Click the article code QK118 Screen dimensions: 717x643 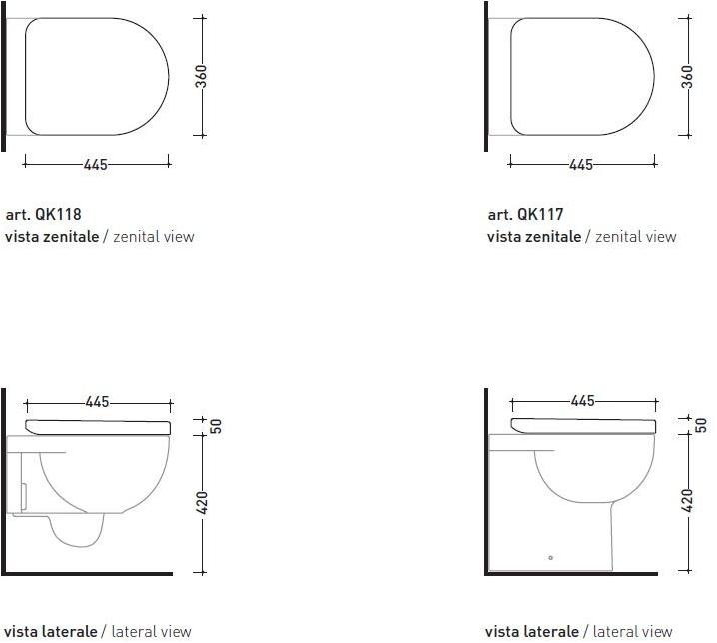tap(58, 214)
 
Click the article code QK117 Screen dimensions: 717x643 tap(540, 214)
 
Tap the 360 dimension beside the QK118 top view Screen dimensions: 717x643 tap(201, 76)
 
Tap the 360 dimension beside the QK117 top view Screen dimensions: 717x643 tap(687, 76)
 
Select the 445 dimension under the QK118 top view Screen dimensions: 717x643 tap(96, 164)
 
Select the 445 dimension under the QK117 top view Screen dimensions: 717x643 tap(581, 164)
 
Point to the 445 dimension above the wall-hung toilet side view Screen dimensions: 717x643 tap(98, 402)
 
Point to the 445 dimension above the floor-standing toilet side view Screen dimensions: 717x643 tap(583, 401)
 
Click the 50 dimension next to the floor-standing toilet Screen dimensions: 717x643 tap(701, 425)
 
